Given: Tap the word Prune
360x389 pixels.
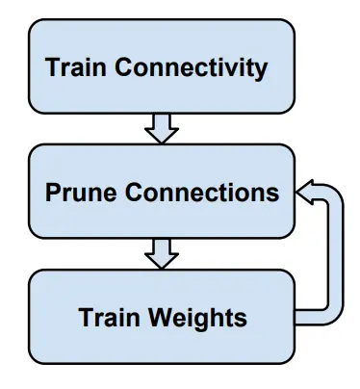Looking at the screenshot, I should [79, 192].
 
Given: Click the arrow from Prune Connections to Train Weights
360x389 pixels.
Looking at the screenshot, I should [162, 253].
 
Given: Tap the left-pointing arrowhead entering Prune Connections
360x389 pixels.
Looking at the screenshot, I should [306, 192].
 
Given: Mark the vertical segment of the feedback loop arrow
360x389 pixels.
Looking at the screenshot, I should [336, 255].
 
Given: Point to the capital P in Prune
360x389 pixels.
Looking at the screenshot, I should [53, 192].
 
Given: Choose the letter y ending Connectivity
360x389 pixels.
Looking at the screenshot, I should [259, 70].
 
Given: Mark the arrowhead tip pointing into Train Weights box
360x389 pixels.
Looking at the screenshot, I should [162, 268].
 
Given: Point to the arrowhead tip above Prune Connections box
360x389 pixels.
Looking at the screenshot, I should [162, 142].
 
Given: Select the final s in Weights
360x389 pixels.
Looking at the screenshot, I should [240, 319].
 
